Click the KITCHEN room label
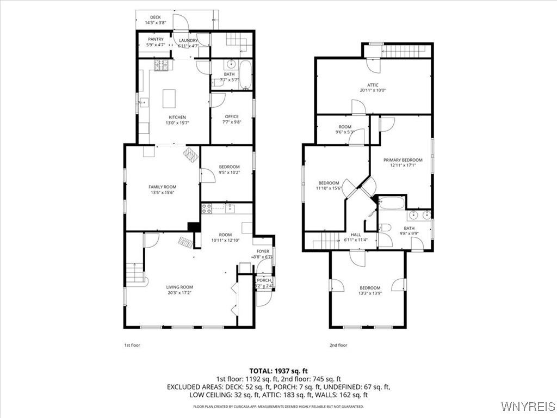[x=177, y=117]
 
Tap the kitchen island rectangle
[x=170, y=99]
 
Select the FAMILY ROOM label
[x=162, y=187]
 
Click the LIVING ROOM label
[x=179, y=287]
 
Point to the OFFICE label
[x=232, y=116]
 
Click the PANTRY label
[x=156, y=39]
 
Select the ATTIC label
[x=373, y=85]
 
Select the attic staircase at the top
[x=405, y=52]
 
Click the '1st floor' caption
[x=132, y=345]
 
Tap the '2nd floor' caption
[x=338, y=345]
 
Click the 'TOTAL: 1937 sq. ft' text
[x=278, y=371]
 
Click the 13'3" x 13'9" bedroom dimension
[x=369, y=294]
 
